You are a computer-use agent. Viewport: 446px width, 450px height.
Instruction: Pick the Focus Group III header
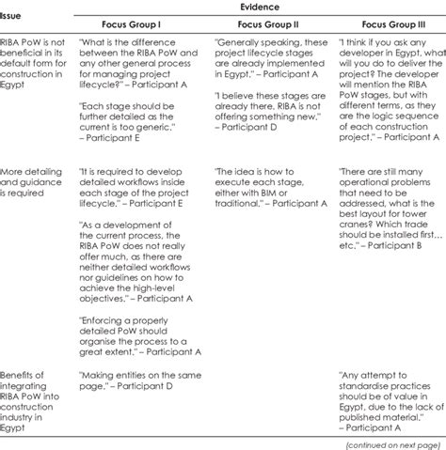[386, 22]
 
